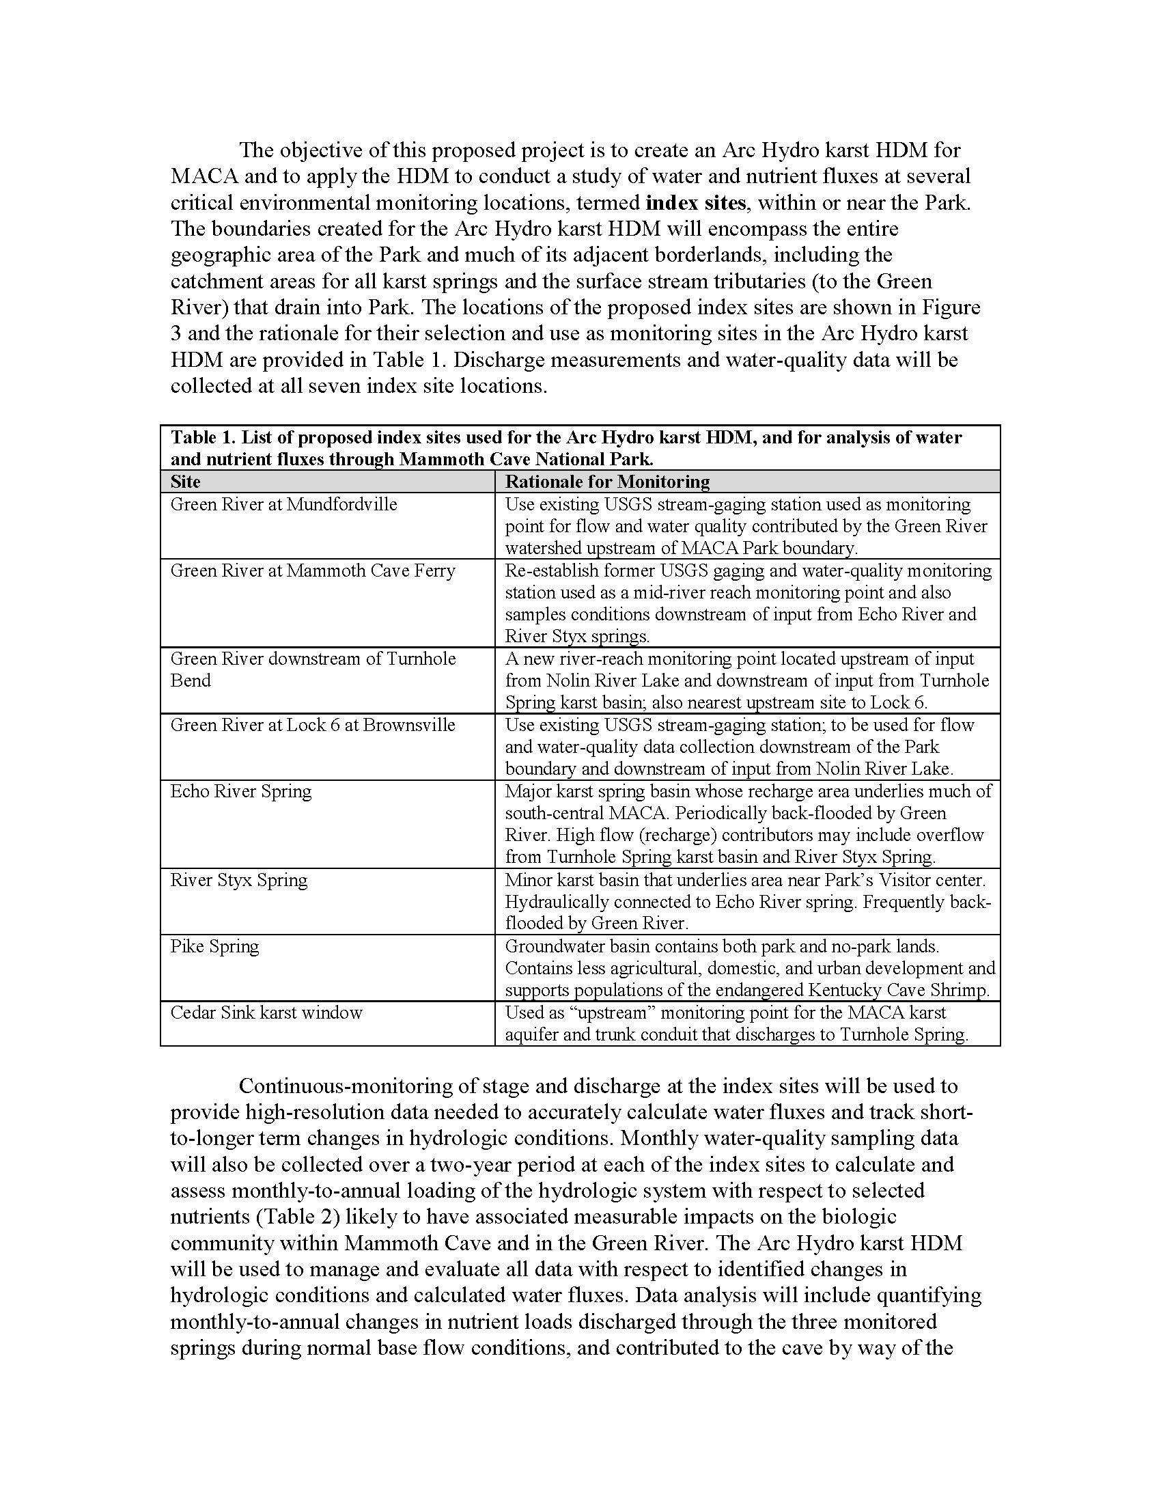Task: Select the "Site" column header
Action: point(186,482)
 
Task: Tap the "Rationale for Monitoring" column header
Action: point(607,482)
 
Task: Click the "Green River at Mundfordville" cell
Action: point(283,504)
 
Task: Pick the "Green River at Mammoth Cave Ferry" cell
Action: point(312,570)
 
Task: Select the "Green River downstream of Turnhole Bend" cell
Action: point(312,669)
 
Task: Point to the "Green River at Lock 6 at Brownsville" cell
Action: point(312,725)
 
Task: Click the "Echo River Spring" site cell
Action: point(240,790)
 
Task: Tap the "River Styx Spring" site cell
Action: point(238,880)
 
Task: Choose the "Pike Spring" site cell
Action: point(214,946)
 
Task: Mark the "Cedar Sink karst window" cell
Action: point(266,1012)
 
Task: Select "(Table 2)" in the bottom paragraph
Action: point(297,1217)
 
